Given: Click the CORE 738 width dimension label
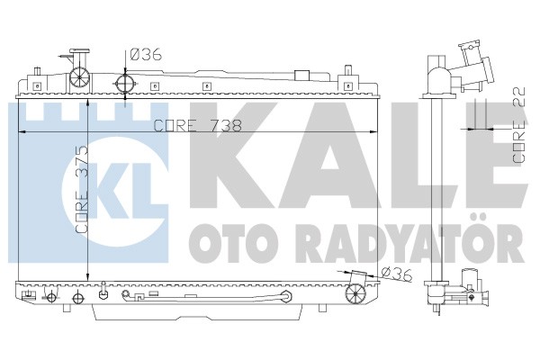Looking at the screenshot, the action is click(x=197, y=126).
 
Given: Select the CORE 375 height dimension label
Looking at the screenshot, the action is click(x=82, y=190).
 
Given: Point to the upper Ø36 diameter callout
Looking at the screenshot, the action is click(x=146, y=54).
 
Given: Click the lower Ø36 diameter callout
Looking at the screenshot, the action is click(x=397, y=274).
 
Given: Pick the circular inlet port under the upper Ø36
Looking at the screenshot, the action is click(x=125, y=83).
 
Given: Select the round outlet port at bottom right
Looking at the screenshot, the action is click(x=355, y=294).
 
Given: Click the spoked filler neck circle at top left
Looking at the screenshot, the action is click(x=79, y=76).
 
